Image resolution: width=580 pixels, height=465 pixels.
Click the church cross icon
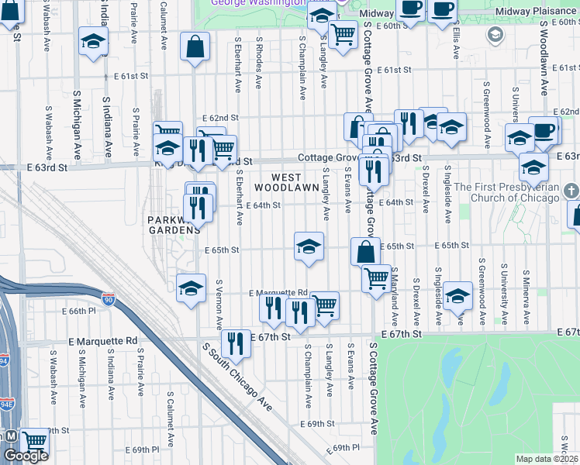(570, 190)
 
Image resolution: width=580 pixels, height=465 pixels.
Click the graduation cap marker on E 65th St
(309, 247)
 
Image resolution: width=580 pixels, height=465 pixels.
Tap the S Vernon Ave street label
(220, 304)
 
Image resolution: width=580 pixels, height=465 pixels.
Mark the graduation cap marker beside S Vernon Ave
(191, 288)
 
